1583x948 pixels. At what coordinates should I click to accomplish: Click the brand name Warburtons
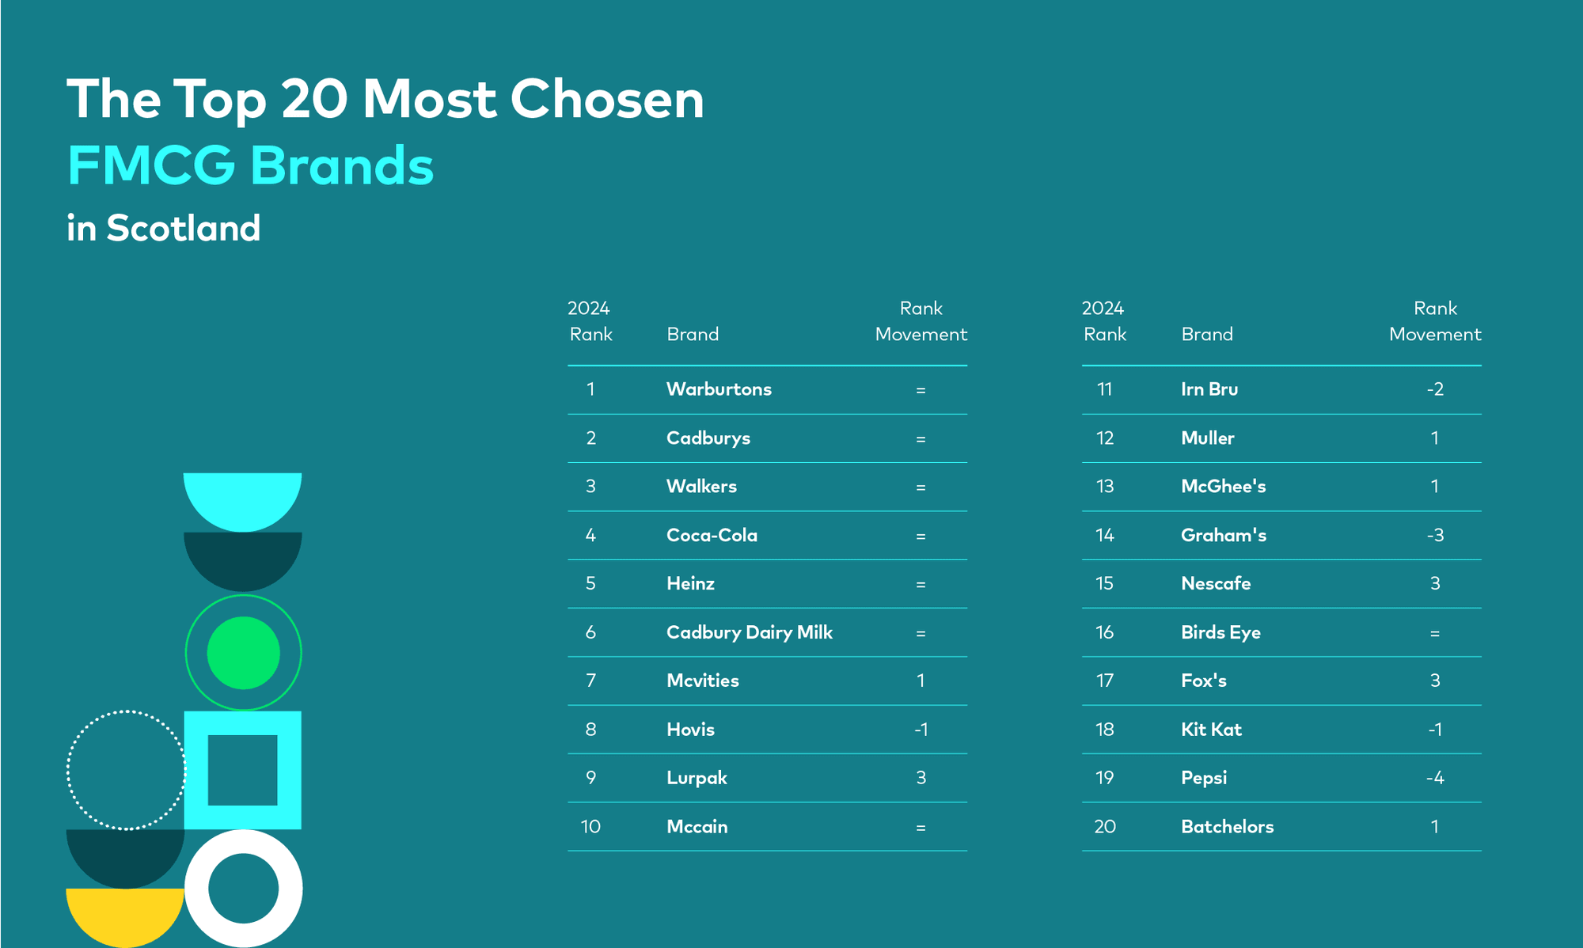[719, 389]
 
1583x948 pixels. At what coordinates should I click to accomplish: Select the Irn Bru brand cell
[1209, 389]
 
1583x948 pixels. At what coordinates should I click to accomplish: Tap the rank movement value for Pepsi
[1435, 778]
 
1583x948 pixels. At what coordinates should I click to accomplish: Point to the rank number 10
[590, 827]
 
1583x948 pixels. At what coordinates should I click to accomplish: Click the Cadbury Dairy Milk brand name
[750, 632]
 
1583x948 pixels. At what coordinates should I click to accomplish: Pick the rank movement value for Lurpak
[921, 778]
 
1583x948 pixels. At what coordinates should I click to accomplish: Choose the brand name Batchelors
[1228, 827]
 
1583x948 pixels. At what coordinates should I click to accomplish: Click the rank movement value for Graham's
[1435, 536]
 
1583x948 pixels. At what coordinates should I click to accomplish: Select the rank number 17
[1105, 681]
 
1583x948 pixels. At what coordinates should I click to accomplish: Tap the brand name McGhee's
[1224, 487]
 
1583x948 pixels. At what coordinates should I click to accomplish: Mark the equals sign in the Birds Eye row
[1435, 633]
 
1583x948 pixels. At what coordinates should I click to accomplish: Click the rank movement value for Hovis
[921, 730]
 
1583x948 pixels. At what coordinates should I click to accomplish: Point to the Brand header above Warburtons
[693, 334]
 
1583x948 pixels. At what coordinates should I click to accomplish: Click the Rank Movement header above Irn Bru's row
[1435, 321]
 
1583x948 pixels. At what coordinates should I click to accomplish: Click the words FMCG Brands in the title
[250, 165]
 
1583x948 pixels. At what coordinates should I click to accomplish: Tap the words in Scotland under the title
[164, 228]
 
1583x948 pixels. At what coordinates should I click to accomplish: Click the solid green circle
[243, 653]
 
